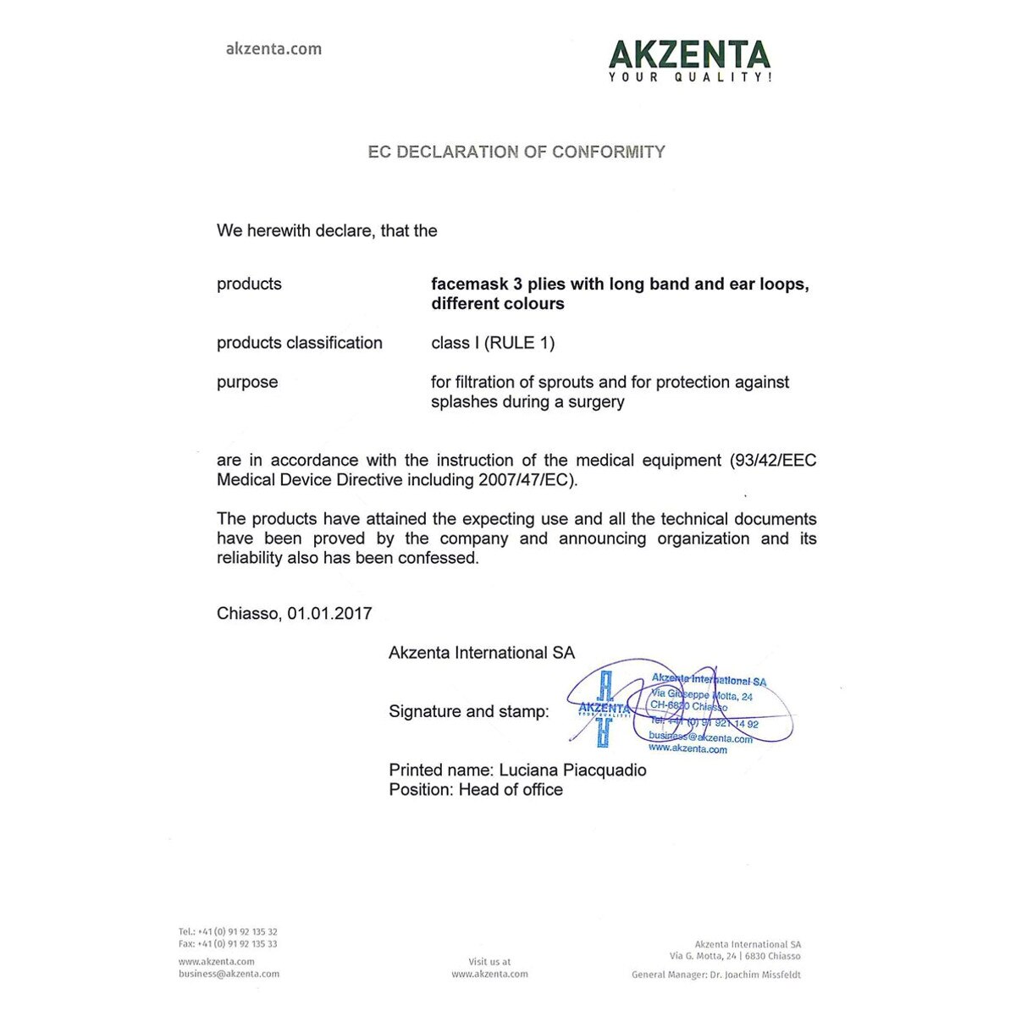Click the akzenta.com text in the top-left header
(273, 49)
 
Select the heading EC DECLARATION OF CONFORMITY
(516, 152)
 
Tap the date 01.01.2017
(329, 614)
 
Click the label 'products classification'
(300, 343)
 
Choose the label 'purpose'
(247, 382)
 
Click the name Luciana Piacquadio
(572, 770)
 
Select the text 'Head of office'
(511, 790)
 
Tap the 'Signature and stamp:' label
(468, 712)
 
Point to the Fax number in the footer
(228, 944)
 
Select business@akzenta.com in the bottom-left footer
(229, 975)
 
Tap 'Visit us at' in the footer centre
(489, 962)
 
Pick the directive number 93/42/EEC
(773, 461)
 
